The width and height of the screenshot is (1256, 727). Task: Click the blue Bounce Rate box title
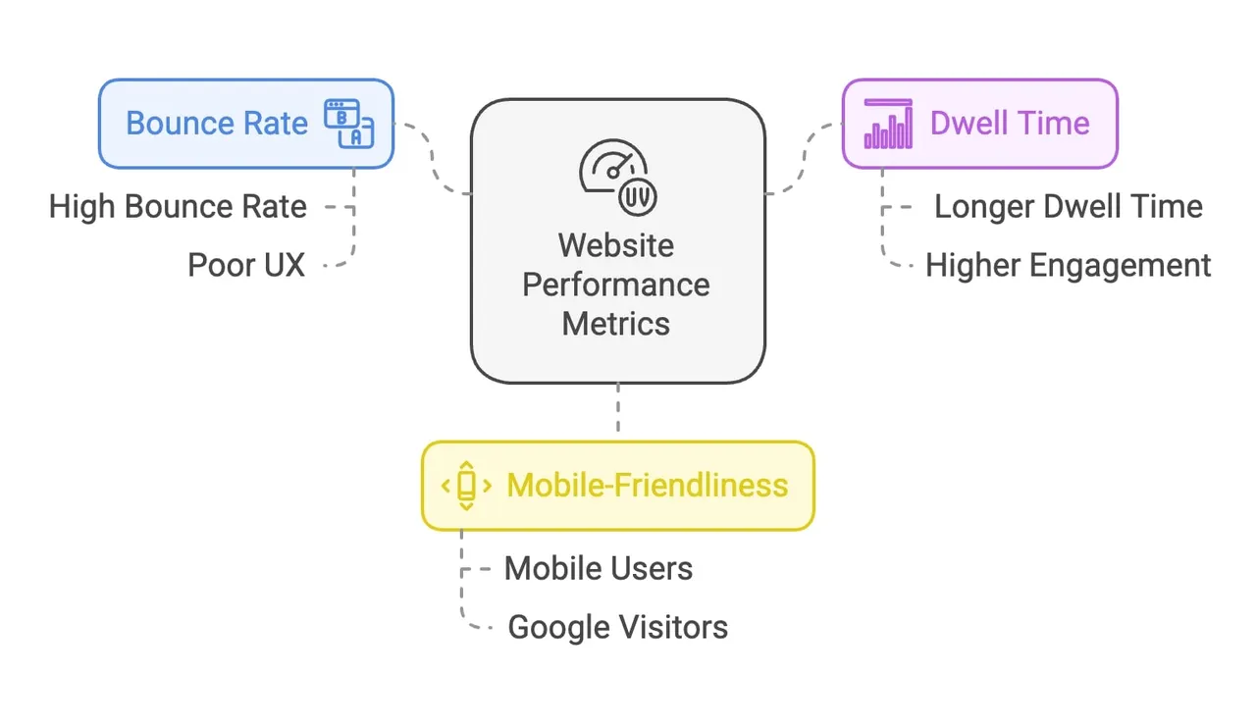217,124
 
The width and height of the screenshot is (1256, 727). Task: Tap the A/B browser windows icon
348,124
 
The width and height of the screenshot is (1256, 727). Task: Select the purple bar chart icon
888,124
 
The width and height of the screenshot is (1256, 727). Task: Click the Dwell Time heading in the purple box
1010,124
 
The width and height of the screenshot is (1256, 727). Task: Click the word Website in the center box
616,245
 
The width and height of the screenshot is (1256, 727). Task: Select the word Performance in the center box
616,285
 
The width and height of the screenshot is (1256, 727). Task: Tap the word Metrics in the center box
616,324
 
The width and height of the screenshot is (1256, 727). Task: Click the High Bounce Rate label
178,207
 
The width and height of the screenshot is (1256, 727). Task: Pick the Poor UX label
246,265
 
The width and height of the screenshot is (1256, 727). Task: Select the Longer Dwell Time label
1069,207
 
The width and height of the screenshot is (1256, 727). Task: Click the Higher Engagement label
1069,266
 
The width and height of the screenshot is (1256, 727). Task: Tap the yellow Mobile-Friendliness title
648,486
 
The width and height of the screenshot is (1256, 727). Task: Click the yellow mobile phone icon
466,486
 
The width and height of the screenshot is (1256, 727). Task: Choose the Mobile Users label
599,569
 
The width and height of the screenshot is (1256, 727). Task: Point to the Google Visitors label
618,627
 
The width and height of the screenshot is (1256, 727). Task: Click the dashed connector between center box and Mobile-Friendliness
618,407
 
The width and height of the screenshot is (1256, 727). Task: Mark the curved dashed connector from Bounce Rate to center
432,158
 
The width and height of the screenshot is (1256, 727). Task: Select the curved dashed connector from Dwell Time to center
805,158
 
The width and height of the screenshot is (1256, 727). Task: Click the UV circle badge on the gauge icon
638,197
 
